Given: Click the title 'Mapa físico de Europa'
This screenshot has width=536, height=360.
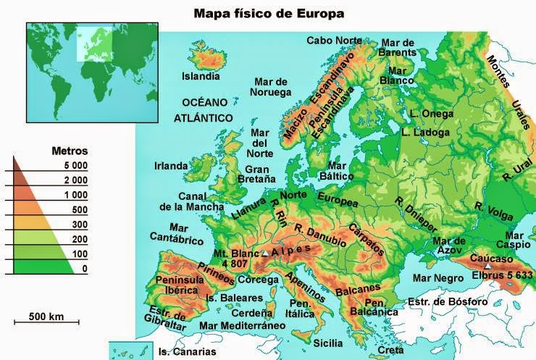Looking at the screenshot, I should click(269, 13).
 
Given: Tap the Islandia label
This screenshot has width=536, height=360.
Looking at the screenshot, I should click(201, 75).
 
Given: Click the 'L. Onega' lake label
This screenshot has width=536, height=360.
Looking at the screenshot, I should click(432, 114).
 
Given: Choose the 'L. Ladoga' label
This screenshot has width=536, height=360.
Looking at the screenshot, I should click(425, 133).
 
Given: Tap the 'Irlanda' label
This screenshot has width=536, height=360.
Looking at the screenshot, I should click(171, 166).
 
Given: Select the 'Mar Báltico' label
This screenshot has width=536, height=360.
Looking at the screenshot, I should click(336, 170).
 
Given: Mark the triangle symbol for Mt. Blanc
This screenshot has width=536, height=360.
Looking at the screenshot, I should click(264, 254).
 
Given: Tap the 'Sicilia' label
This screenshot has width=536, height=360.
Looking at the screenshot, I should click(329, 342).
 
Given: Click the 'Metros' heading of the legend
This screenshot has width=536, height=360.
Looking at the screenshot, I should click(70, 151).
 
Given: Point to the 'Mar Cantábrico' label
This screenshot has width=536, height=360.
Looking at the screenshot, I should click(173, 232).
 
